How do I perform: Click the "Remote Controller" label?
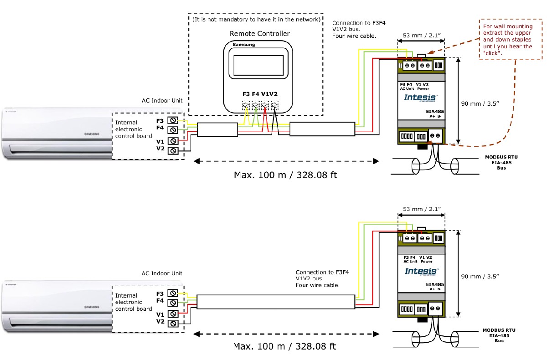coord(259,34)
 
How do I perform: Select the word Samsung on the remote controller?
coord(244,45)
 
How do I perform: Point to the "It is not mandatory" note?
coord(256,20)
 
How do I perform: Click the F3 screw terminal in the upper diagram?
coord(173,120)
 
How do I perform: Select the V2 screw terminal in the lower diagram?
coord(173,323)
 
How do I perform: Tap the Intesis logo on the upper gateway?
coord(421,98)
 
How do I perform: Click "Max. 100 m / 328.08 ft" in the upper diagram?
coord(285,175)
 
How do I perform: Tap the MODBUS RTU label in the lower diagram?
coord(500,330)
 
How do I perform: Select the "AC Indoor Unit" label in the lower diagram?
coord(162,273)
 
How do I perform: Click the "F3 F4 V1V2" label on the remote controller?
coord(260,94)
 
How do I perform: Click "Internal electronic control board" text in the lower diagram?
coord(133,302)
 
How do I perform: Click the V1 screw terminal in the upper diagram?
coord(173,141)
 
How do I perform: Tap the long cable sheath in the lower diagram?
coord(276,302)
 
